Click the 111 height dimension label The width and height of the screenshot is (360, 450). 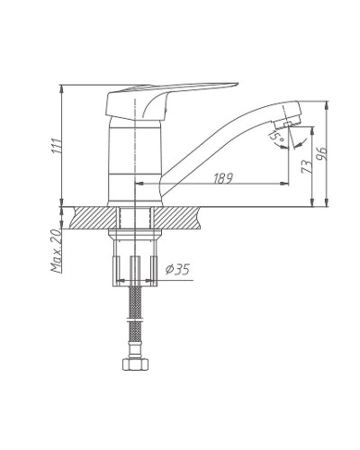[x=56, y=147]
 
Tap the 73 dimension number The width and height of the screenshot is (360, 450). [x=304, y=166]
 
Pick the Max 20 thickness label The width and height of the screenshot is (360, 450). [x=55, y=252]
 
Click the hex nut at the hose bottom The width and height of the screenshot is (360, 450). [x=135, y=366]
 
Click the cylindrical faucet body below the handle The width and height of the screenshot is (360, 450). [x=134, y=162]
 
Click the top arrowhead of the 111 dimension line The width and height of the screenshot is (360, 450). [x=63, y=87]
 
